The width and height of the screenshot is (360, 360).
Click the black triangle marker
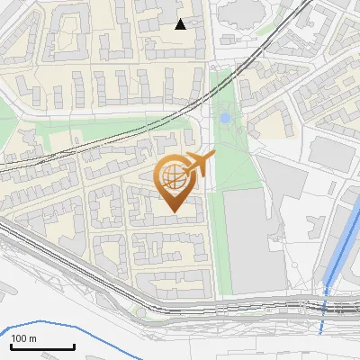pos(181,24)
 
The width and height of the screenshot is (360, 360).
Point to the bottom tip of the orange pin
pos(174,212)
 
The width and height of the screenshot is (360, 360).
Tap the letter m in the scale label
pos(33,338)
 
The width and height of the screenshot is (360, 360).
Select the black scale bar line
pos(42,347)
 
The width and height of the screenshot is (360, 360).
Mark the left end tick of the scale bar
pos(11,346)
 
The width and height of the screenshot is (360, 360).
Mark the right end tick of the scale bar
pos(74,346)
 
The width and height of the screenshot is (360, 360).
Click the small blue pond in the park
pos(224,118)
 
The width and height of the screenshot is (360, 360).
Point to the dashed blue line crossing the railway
pos(324,306)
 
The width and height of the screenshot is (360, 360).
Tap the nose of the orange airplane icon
pos(213,157)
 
